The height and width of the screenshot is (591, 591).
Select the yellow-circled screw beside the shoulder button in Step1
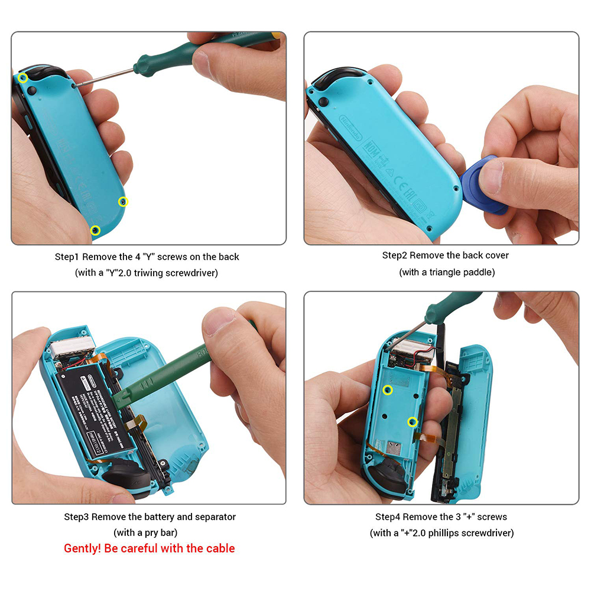pos(23,78)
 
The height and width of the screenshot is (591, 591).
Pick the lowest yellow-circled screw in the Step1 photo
pos(95,230)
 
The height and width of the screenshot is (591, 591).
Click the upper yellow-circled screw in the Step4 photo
pos(388,389)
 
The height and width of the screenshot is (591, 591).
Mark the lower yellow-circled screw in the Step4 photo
pos(413,421)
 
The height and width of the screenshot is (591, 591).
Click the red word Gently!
pos(83,548)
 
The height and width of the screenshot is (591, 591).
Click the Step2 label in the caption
pos(395,255)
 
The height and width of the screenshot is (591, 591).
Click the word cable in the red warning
pos(220,548)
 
